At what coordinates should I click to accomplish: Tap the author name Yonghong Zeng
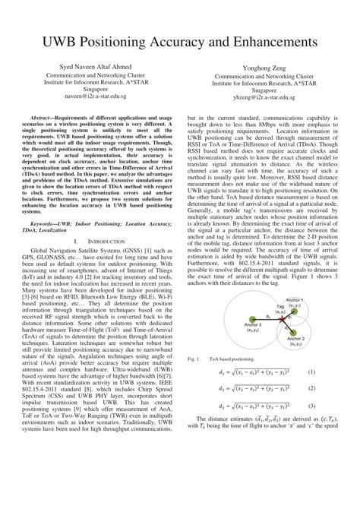point(263,67)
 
